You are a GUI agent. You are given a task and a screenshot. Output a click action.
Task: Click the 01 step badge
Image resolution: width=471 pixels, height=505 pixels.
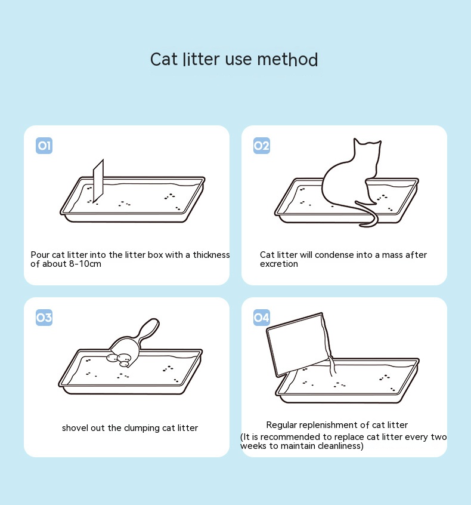coord(44,146)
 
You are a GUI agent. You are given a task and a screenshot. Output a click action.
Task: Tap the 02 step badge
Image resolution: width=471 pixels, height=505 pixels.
coord(262,146)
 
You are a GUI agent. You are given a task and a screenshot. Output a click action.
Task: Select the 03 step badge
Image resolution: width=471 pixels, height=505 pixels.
coord(44,318)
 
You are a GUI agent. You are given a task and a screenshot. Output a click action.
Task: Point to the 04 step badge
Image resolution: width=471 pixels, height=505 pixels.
coord(262,318)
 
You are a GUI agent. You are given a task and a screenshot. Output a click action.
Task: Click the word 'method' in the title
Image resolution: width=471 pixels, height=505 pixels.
coord(287,60)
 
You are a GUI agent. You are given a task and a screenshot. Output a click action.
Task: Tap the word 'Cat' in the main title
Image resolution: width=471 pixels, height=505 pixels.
coord(163,60)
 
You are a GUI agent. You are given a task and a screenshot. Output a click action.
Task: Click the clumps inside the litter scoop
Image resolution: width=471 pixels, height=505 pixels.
coord(119,360)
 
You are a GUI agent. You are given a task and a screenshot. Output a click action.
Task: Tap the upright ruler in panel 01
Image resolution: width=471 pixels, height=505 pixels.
coord(98,181)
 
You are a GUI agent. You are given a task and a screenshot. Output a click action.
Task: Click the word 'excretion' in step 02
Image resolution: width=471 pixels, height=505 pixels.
coord(279,264)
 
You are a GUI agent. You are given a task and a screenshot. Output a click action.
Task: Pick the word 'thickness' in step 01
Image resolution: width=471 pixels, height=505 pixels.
coord(212,255)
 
